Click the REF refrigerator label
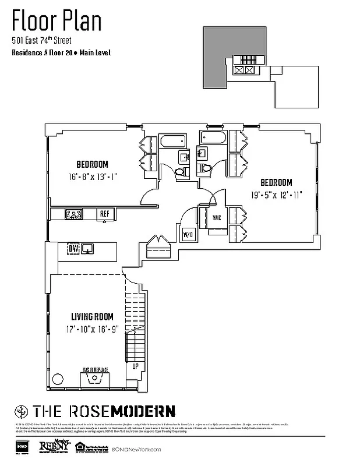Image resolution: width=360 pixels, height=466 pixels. click(x=105, y=214)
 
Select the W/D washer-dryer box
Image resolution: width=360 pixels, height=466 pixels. click(x=188, y=235)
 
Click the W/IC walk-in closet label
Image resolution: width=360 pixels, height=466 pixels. click(x=216, y=218)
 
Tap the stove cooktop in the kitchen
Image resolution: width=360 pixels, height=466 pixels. click(x=74, y=214)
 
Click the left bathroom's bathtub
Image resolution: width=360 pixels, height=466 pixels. click(x=172, y=142)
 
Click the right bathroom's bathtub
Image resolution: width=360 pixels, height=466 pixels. click(x=213, y=138)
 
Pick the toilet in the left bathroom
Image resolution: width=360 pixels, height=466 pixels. click(x=181, y=171)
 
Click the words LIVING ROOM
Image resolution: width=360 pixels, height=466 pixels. click(x=92, y=317)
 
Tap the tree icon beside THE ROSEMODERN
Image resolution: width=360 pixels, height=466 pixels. click(x=22, y=410)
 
